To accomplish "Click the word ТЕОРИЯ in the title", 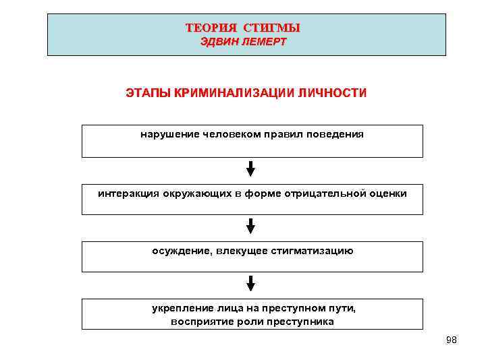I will click(211, 28).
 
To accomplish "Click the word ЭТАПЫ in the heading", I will click(148, 92).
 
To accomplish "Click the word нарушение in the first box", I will click(168, 134).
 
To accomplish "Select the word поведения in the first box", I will click(335, 134).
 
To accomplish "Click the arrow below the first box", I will click(251, 169).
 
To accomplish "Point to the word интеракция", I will click(128, 193).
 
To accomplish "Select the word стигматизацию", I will click(312, 251).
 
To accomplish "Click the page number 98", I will click(452, 340).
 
